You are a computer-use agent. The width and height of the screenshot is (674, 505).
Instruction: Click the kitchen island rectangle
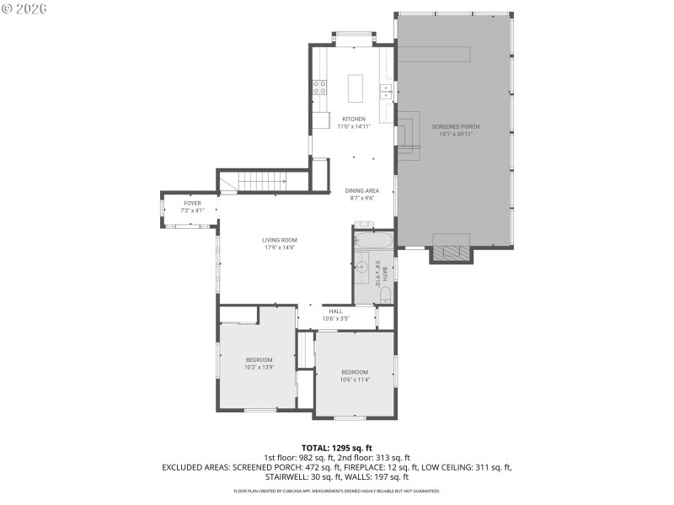click(x=355, y=88)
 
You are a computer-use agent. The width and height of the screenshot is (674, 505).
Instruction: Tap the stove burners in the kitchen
click(x=320, y=87)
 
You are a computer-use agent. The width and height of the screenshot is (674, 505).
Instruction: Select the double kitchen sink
click(x=386, y=92)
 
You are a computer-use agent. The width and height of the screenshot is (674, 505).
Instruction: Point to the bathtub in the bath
click(x=373, y=242)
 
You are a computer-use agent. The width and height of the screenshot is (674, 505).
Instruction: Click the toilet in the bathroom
click(x=385, y=295)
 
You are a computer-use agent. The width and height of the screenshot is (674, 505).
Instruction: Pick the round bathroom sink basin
click(x=361, y=268)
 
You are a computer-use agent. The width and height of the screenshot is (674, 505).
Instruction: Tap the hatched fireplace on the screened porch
click(x=452, y=251)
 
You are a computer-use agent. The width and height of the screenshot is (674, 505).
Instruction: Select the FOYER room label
click(x=194, y=203)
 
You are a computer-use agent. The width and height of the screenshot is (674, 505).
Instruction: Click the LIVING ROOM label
click(x=280, y=240)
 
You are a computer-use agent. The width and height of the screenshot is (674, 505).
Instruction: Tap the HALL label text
click(x=335, y=311)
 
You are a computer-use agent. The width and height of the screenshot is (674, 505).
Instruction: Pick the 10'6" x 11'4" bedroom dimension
click(x=355, y=380)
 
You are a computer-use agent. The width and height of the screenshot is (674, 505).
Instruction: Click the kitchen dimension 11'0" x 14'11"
click(x=354, y=126)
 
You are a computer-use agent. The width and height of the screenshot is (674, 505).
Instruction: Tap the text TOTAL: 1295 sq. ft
click(x=336, y=447)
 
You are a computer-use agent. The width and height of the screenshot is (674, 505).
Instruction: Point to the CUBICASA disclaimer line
click(x=336, y=491)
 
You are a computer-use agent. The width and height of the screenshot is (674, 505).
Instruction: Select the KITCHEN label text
click(x=354, y=119)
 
